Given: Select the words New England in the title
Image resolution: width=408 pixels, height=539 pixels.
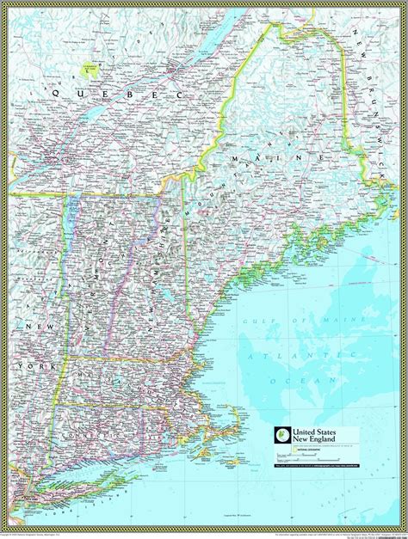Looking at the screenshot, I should (317, 441).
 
